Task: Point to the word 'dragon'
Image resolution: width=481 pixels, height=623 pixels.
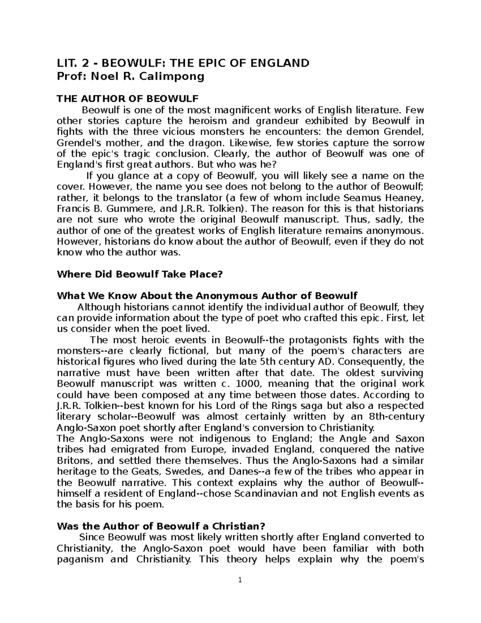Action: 202,143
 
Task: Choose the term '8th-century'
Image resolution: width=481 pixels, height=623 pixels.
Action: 398,416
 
